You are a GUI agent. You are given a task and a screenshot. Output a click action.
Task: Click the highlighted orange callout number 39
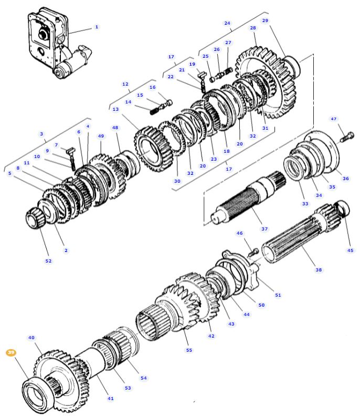point(10,353)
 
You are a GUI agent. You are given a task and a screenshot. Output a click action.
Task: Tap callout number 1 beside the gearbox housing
point(97,27)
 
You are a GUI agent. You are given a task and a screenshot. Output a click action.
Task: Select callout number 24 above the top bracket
point(227,23)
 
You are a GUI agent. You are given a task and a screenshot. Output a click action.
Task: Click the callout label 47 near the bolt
point(333,119)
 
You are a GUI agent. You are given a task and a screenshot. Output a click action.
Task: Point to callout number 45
point(350,250)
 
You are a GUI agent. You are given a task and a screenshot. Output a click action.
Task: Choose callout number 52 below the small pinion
point(48,261)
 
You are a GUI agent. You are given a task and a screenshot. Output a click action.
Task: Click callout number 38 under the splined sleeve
point(319,270)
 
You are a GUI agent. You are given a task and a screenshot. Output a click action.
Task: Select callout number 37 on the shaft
point(264,229)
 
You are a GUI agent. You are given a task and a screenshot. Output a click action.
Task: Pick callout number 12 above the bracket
point(125,84)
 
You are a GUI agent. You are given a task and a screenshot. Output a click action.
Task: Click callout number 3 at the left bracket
point(41,134)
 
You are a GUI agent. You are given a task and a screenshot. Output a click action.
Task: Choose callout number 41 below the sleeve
point(110,398)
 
